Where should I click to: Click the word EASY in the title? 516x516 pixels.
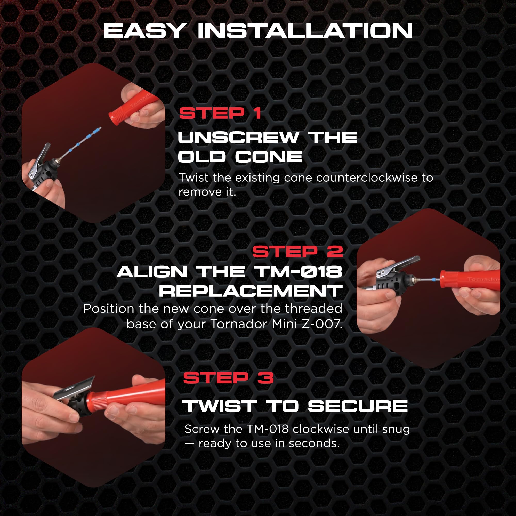(x=144, y=31)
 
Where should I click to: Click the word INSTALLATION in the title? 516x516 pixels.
(x=305, y=31)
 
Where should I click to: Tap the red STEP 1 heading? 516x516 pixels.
(x=220, y=113)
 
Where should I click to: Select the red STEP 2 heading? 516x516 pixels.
(x=297, y=252)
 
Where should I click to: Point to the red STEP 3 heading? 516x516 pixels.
(x=228, y=378)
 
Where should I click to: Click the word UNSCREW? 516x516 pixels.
(x=238, y=137)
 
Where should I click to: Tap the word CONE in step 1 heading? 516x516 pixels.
(x=268, y=157)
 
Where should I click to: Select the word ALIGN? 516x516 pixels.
(x=152, y=272)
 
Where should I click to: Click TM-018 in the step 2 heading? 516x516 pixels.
(x=298, y=272)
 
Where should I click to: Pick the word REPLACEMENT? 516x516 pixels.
(x=251, y=291)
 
